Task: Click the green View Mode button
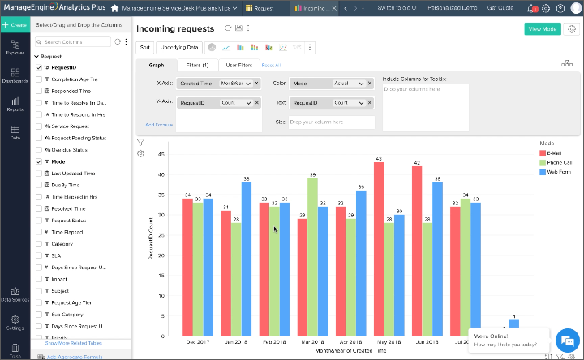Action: tap(542, 28)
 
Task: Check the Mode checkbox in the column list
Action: tap(39, 161)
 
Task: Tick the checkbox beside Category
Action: tap(39, 242)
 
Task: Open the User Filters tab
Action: tap(238, 65)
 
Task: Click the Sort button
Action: tap(145, 47)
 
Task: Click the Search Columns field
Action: tap(75, 41)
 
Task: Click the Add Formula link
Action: tap(159, 124)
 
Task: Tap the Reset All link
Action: tap(271, 65)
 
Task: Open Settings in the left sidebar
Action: tap(15, 324)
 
